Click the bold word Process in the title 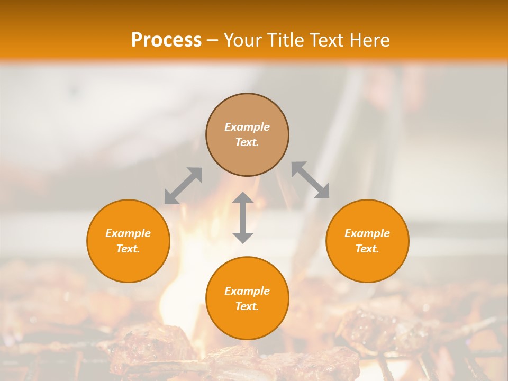166,40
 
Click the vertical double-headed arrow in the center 243,217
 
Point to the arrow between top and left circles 183,185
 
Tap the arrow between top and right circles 311,180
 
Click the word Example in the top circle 247,127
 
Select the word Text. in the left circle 128,249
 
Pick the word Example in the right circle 367,233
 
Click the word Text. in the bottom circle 247,306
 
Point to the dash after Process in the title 212,40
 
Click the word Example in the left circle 128,233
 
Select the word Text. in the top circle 247,142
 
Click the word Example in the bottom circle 247,291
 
